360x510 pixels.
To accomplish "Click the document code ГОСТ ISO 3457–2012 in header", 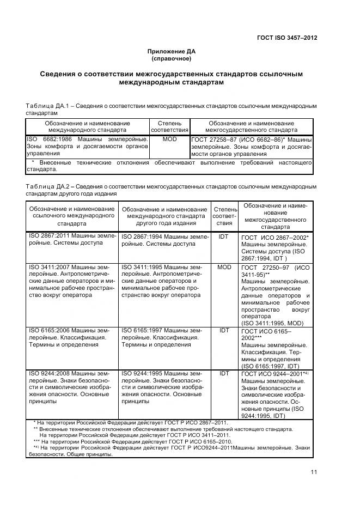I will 287,38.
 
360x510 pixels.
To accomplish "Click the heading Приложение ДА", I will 172,51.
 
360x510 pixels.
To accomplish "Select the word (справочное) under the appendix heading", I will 172,58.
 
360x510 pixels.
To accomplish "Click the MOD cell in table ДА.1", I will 169,140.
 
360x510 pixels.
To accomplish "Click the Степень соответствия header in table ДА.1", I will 169,127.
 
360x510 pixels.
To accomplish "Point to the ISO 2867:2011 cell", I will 71,240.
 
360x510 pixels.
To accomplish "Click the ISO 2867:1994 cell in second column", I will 164,240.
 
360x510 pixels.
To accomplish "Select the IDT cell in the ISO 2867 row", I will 224,237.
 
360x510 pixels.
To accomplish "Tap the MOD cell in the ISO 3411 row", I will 224,268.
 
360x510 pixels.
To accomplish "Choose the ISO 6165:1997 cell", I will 164,337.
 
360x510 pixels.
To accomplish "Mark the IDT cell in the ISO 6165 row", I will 224,330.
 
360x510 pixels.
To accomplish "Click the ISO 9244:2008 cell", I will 71,387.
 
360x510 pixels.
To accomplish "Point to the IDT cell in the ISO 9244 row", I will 224,373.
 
